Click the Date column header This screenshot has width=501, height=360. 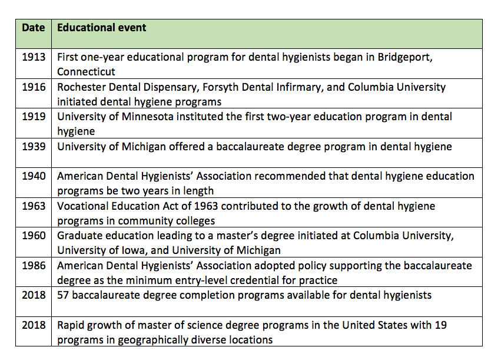coord(34,28)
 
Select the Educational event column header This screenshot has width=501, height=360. coord(102,28)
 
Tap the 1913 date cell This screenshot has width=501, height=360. coord(34,57)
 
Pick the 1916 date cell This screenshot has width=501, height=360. coord(34,87)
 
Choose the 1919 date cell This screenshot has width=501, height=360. coord(34,117)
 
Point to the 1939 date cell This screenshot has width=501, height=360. coord(34,146)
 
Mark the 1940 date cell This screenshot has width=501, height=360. coord(34,176)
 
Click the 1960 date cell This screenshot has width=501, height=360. coord(34,236)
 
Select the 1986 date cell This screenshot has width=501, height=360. coord(34,266)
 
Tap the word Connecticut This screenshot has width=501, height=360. coord(86,72)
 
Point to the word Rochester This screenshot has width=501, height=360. coord(81,87)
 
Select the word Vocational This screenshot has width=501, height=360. coord(83,206)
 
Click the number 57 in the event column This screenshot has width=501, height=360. coord(64,295)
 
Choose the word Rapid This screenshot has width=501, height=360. coord(71,325)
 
